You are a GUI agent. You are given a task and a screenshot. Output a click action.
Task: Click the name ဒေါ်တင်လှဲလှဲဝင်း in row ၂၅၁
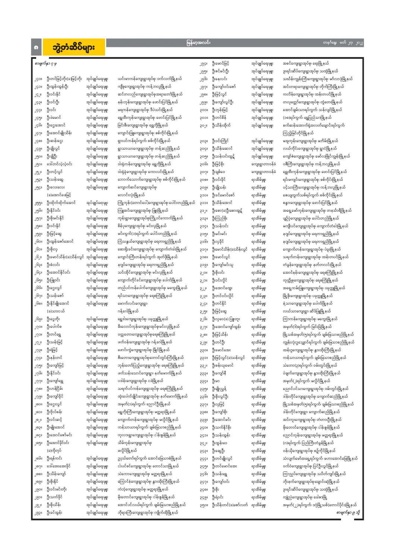59,164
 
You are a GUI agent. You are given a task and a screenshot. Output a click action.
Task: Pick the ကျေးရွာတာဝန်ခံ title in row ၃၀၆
263,164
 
